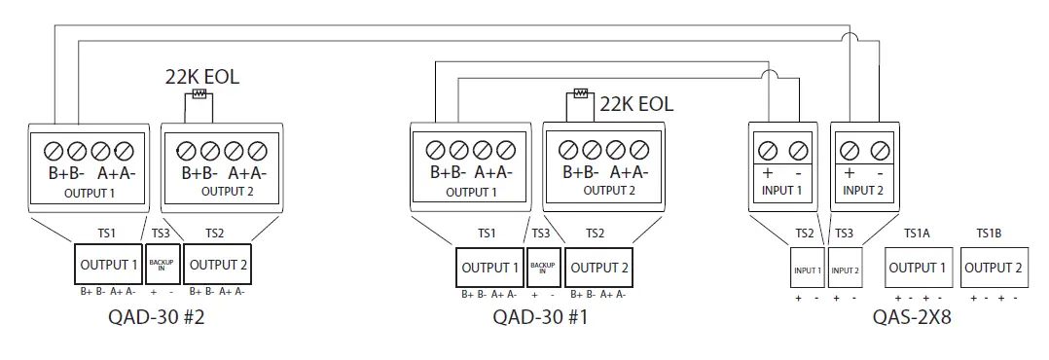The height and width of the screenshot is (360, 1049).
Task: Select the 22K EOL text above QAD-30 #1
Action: coord(635,103)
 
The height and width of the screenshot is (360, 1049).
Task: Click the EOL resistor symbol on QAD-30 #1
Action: coord(581,93)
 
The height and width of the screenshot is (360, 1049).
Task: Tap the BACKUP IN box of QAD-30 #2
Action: coord(161,265)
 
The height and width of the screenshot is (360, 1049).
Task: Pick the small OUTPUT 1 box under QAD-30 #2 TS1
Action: coord(108,265)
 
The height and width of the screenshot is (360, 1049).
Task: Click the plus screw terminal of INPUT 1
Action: coord(767,149)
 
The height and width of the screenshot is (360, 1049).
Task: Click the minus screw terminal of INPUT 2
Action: coord(880,149)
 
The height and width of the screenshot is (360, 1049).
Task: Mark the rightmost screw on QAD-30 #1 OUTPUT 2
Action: coord(638,151)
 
